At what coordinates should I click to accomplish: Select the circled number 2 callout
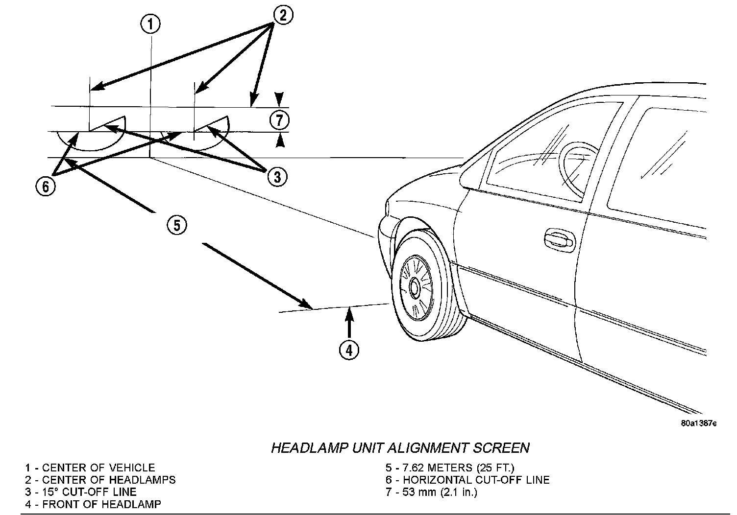coord(282,16)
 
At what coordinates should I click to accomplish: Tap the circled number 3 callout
coord(277,176)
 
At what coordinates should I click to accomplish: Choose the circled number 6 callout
coord(46,186)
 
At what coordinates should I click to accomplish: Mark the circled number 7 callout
coord(279,119)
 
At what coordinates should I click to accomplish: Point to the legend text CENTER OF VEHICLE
coord(98,468)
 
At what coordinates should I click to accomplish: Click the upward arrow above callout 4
coord(349,321)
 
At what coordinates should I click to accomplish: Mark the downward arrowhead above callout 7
coord(279,98)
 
